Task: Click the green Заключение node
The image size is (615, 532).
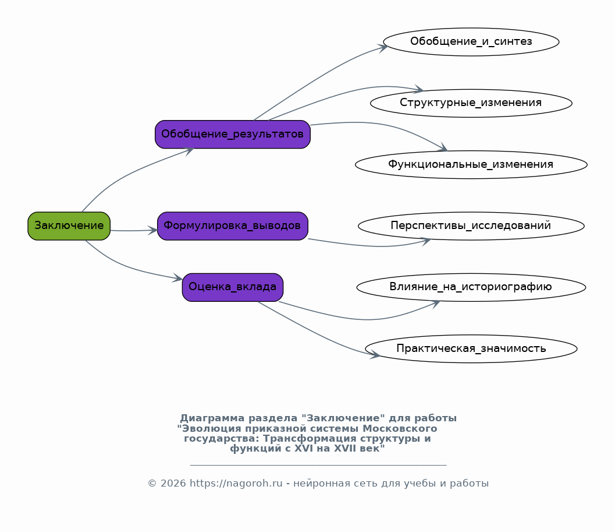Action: [69, 226]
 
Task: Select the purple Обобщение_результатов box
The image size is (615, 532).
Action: [233, 135]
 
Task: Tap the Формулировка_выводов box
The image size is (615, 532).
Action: [233, 226]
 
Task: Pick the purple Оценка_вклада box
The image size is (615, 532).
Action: [233, 287]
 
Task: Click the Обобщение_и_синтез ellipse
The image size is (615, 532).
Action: [471, 41]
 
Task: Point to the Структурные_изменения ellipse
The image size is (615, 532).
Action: [471, 103]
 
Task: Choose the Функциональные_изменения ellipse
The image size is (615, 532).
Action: [471, 165]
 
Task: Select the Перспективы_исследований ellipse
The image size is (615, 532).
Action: [471, 226]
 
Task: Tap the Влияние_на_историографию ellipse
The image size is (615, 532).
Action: [471, 287]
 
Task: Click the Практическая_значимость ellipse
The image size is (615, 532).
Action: [471, 348]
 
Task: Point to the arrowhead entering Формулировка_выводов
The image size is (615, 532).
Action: [152, 230]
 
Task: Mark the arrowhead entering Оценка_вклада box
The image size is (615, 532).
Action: [177, 278]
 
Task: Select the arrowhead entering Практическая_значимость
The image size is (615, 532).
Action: [375, 355]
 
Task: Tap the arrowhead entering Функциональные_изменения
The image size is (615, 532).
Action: [443, 147]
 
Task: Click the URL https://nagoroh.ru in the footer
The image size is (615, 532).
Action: [236, 483]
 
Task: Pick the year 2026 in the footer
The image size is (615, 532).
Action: [173, 483]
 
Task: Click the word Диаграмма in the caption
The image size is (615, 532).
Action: [212, 418]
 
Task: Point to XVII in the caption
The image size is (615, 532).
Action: [346, 448]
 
